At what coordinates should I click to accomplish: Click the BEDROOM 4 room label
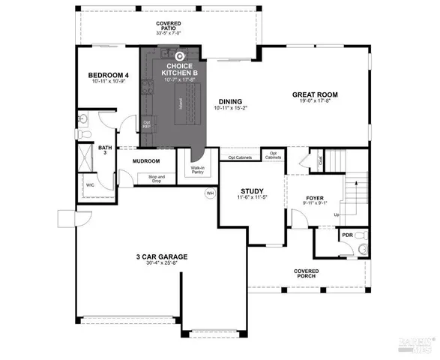pos(109,75)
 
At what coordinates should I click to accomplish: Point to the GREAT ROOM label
pos(314,94)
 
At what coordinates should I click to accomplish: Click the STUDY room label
pos(250,191)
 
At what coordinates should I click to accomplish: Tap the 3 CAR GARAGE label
pos(162,256)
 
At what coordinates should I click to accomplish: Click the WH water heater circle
pos(210,193)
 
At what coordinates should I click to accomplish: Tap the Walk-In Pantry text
pos(199,170)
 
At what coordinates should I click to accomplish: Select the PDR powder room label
pos(346,235)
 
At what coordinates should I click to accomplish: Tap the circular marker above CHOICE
pos(179,55)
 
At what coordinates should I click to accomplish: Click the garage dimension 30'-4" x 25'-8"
pos(162,263)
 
